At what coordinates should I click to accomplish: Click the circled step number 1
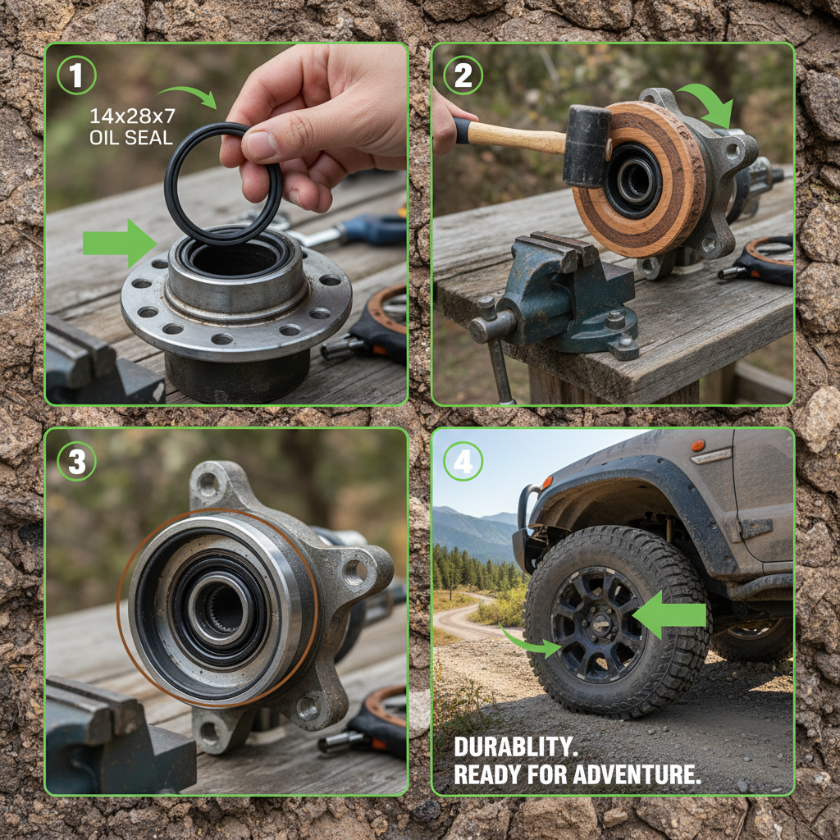tap(76, 76)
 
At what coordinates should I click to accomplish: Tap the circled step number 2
tap(463, 76)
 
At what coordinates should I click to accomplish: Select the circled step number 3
tap(76, 462)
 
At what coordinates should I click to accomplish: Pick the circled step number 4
tap(463, 462)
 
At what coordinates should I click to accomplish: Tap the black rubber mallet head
tap(587, 146)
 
